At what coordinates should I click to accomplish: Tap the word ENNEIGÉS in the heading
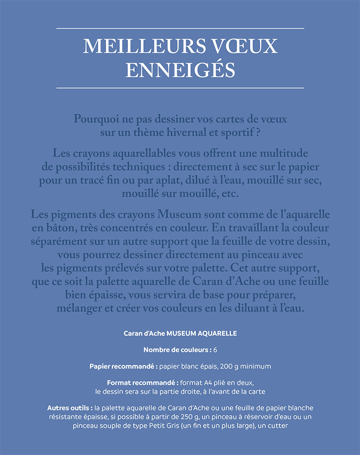[180, 70]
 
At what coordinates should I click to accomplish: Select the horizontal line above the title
[180, 29]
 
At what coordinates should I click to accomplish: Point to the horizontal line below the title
[180, 87]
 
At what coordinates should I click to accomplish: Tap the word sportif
[246, 132]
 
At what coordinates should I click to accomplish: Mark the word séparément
[57, 241]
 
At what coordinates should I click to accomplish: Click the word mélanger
[79, 308]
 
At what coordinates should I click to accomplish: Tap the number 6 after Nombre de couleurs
[215, 350]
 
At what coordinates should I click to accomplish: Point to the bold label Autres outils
[70, 408]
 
